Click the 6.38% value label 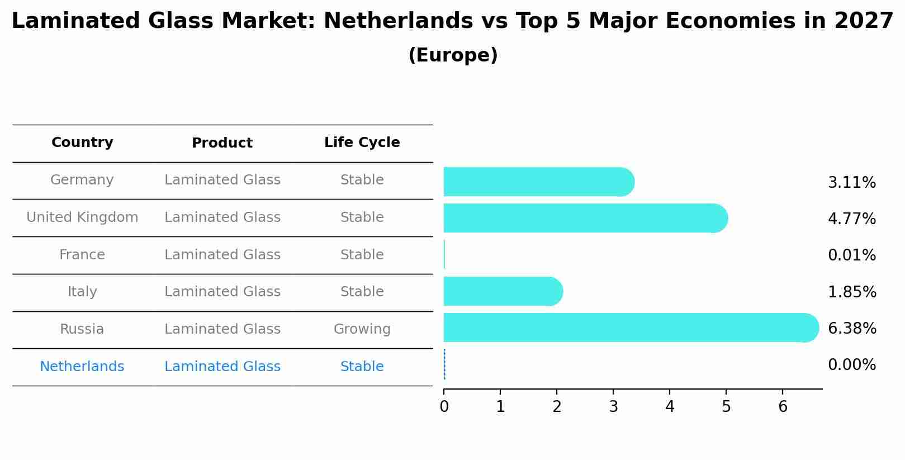click(851, 329)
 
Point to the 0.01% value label click(851, 255)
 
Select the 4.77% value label click(851, 219)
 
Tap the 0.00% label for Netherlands click(851, 365)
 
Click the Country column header click(82, 143)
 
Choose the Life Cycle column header click(362, 143)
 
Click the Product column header click(222, 143)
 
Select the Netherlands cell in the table click(82, 367)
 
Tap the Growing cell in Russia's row click(362, 329)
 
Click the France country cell click(82, 255)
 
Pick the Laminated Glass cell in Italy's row click(222, 292)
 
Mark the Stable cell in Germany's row click(362, 180)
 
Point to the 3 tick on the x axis click(613, 407)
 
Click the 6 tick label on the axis click(783, 407)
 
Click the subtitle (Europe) click(453, 55)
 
